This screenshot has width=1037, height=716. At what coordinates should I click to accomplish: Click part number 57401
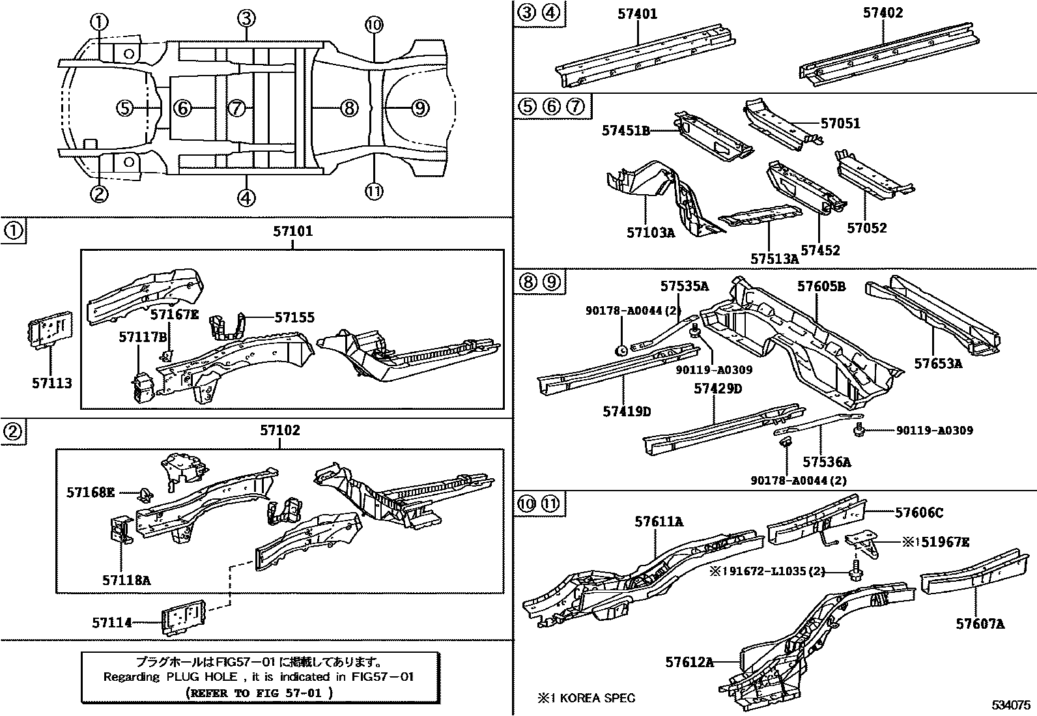[637, 14]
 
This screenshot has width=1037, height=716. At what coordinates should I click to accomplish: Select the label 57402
[883, 13]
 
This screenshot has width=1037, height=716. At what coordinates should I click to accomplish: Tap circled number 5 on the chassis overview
[125, 107]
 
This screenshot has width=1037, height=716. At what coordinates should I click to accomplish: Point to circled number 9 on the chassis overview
[421, 107]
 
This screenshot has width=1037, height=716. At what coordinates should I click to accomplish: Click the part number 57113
[52, 384]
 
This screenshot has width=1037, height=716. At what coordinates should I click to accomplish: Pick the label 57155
[294, 317]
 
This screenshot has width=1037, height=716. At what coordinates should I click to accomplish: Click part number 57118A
[126, 579]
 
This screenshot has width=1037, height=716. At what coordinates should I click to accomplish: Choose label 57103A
[651, 232]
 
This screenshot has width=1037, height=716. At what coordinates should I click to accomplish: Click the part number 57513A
[774, 259]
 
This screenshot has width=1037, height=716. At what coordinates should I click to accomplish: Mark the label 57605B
[821, 287]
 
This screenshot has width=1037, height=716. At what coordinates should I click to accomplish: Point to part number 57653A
[938, 364]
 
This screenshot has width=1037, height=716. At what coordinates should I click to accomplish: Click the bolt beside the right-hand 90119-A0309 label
[860, 429]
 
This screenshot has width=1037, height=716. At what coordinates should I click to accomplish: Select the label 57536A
[827, 462]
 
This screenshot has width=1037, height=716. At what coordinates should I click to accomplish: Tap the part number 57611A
[659, 521]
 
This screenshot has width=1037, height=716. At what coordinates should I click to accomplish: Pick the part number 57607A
[980, 624]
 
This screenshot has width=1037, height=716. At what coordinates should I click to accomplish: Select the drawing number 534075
[1011, 706]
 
